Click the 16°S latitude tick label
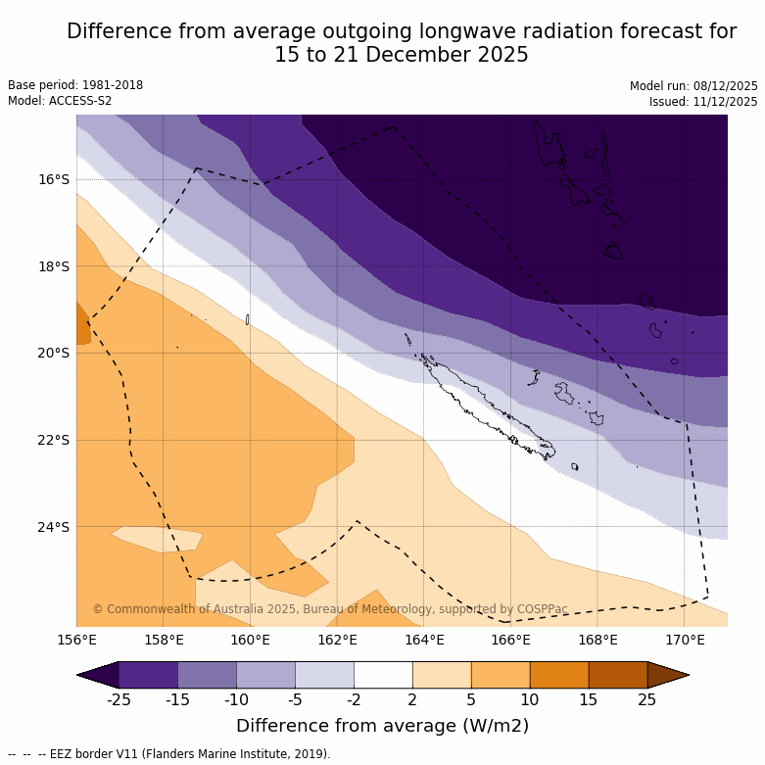[54, 179]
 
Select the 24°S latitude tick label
[54, 527]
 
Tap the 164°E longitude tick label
[424, 641]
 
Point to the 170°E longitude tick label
[685, 641]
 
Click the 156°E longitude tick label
[76, 641]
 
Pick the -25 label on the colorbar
[120, 699]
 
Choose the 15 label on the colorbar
[589, 699]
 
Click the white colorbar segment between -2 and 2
[383, 675]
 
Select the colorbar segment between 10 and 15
[559, 675]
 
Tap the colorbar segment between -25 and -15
[148, 675]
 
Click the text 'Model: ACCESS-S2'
[60, 101]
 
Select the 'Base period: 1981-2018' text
[75, 85]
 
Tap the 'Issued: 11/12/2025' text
[703, 102]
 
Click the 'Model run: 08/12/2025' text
[693, 86]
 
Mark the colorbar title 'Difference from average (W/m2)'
[382, 726]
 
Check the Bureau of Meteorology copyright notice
[330, 609]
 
